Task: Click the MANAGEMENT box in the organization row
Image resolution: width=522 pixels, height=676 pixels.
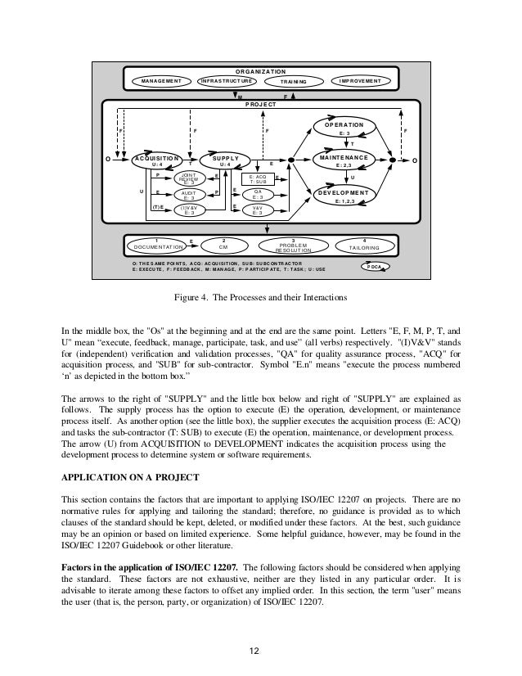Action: click(x=161, y=81)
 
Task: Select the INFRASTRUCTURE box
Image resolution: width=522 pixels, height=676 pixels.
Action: click(x=227, y=81)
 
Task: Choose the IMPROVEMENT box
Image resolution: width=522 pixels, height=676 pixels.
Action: click(x=361, y=81)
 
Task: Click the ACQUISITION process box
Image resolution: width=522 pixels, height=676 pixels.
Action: click(x=156, y=160)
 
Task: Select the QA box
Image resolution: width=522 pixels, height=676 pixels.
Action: click(x=257, y=194)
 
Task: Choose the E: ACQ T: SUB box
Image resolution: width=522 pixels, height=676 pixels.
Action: click(x=257, y=178)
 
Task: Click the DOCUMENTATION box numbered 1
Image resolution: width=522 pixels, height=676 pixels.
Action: click(x=156, y=244)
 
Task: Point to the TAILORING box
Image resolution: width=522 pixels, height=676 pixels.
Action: click(x=364, y=244)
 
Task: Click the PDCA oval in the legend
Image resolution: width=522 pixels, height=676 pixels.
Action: click(x=376, y=267)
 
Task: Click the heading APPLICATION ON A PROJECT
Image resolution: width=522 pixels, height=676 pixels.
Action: click(x=135, y=475)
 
